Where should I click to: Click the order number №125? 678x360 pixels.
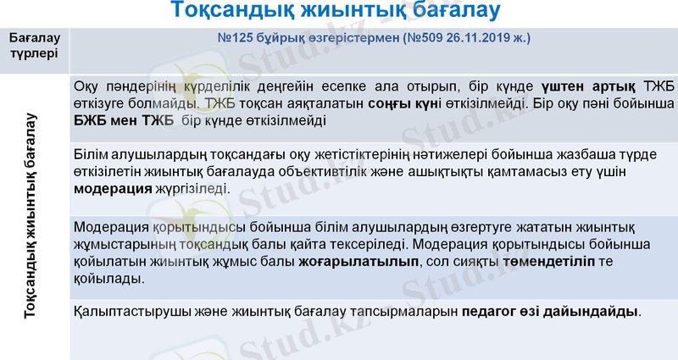pyautogui.click(x=237, y=39)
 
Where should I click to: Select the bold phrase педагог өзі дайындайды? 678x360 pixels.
pyautogui.click(x=551, y=312)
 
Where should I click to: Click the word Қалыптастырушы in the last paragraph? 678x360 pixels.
pyautogui.click(x=125, y=312)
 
